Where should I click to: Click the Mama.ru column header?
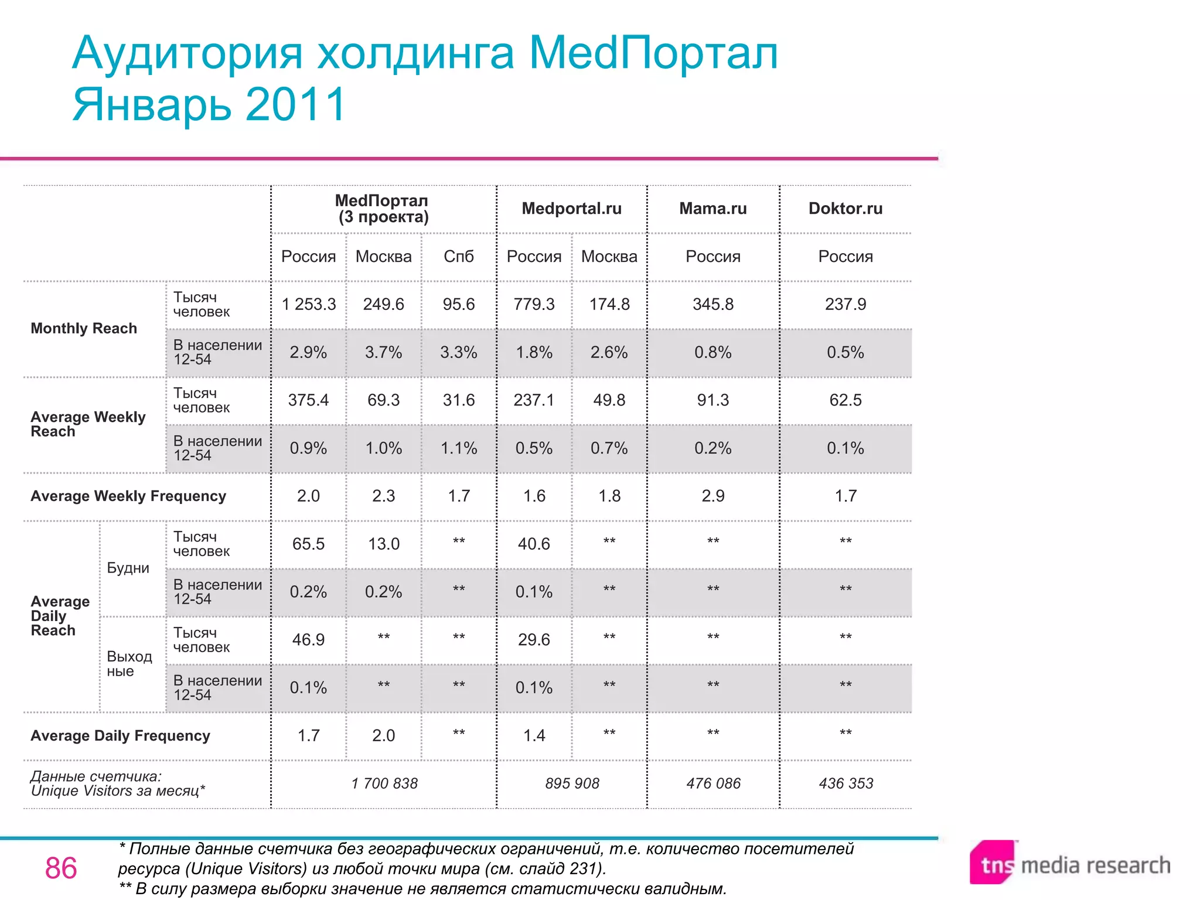[712, 209]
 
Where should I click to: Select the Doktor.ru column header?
[845, 209]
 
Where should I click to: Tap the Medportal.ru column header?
[571, 209]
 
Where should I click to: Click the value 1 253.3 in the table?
[309, 304]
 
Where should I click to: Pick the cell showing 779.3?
[534, 304]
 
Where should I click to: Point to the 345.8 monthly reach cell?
[712, 304]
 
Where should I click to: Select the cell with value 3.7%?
[383, 352]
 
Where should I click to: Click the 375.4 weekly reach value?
[308, 400]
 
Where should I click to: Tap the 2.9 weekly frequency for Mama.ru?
[712, 496]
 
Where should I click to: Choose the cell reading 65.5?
[308, 544]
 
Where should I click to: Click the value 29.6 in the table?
[534, 639]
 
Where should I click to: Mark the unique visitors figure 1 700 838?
[384, 783]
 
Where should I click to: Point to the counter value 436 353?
[846, 783]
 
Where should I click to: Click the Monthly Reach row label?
[84, 328]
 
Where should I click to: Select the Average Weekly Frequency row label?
[128, 496]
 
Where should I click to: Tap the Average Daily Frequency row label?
[120, 735]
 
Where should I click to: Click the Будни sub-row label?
[128, 568]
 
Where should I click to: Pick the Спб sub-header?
[458, 256]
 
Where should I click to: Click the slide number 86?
[61, 868]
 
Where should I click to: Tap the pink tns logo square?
[992, 862]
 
